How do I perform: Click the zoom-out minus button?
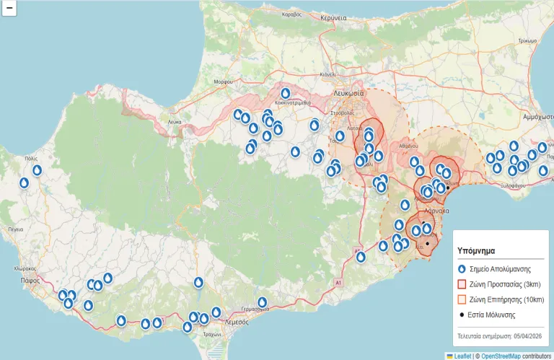[x=9, y=9]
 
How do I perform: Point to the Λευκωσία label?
[x=349, y=94]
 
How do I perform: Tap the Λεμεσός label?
[x=237, y=322]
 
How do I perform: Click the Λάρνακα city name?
[x=436, y=211]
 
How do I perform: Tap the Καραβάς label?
[x=291, y=14]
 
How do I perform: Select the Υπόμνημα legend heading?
[x=476, y=251]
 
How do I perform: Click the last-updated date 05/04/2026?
[x=526, y=336]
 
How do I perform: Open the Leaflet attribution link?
[x=462, y=356]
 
